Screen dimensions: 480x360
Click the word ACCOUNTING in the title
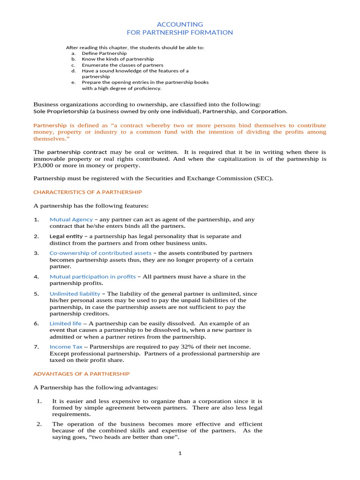(180, 24)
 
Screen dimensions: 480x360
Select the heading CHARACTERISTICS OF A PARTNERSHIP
(87, 192)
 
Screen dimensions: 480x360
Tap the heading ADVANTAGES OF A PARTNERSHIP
(81, 374)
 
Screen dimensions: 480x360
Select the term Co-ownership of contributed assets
(100, 253)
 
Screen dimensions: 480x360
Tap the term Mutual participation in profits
(92, 277)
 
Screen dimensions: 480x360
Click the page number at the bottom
(180, 453)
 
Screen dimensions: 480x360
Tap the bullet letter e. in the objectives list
(74, 82)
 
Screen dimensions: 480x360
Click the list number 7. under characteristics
(36, 346)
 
